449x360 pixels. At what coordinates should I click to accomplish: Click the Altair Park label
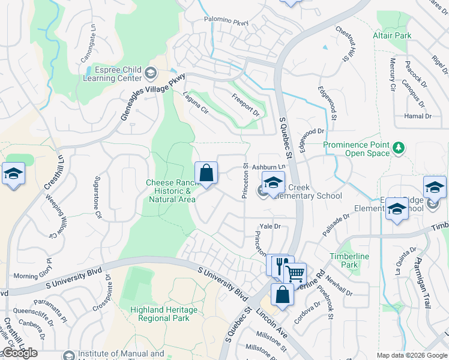point(393,35)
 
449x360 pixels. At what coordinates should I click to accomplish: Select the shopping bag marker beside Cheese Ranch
point(206,174)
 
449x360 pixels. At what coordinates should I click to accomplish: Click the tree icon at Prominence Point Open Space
point(397,148)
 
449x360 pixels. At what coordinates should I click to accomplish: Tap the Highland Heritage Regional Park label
point(164,314)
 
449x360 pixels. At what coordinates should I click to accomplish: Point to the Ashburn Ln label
point(267,167)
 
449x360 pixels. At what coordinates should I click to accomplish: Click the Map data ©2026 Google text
point(411,355)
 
